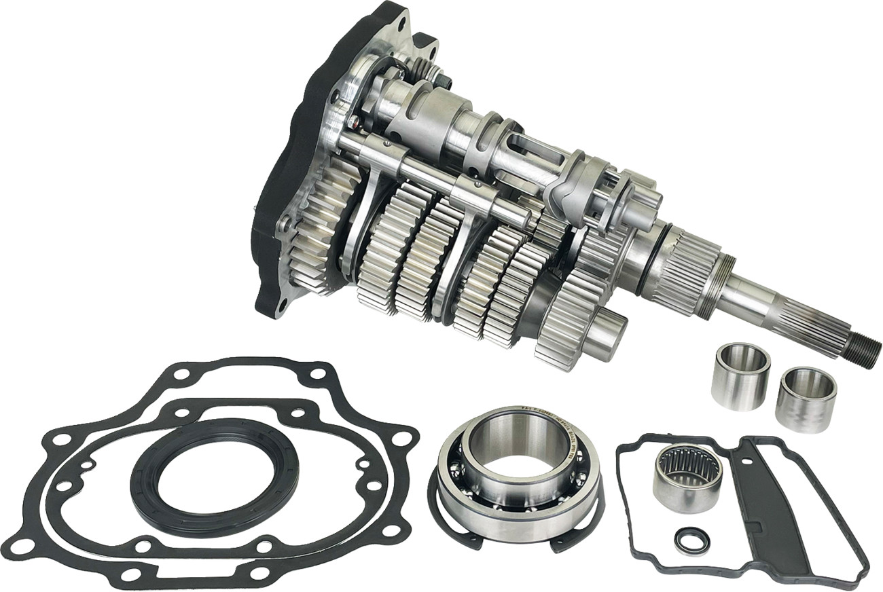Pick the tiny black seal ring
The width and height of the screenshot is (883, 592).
[691, 540]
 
